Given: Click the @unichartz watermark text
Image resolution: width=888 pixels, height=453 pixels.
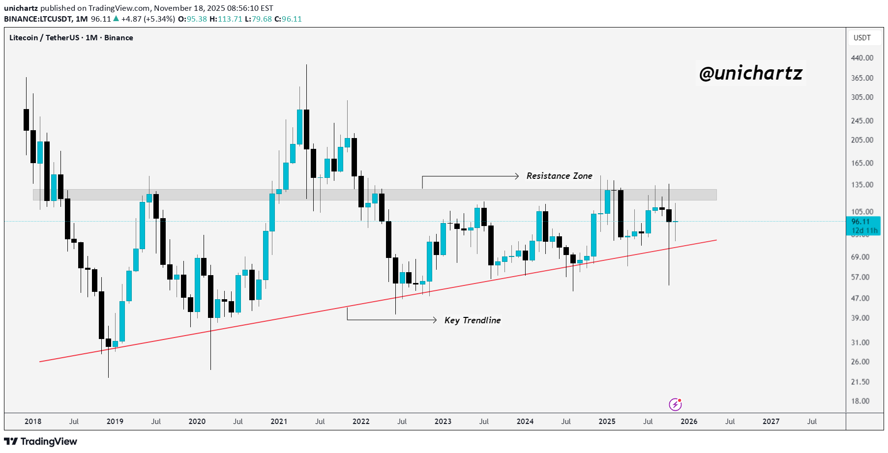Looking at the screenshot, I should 750,73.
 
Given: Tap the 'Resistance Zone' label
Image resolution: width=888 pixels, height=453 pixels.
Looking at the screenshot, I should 559,176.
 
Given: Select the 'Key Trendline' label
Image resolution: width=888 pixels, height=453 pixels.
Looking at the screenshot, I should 472,320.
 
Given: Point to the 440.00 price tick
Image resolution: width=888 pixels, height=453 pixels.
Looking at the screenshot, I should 862,58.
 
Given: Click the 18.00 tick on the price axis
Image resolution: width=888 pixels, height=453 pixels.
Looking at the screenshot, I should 860,401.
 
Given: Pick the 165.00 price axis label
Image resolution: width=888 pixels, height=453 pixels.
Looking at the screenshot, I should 862,163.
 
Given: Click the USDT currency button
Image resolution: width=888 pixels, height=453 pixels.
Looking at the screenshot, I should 862,38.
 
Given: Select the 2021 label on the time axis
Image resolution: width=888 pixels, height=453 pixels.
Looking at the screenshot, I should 279,422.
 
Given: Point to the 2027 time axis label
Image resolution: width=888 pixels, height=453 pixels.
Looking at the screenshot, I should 770,422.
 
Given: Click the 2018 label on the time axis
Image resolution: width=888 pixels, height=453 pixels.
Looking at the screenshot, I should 33,422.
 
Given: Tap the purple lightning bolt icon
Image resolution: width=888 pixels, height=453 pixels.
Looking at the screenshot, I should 675,404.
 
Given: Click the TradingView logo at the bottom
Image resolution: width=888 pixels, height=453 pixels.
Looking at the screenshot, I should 40,441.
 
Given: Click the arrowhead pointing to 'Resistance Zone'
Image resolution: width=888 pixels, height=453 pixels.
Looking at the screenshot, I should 516,176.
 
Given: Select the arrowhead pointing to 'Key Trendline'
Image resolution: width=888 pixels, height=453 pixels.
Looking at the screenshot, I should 434,320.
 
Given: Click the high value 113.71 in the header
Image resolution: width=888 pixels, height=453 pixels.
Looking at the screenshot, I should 230,19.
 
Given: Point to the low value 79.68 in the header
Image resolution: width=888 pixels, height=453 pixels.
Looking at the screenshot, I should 262,19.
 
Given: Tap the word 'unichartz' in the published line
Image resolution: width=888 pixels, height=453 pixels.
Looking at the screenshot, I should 21,8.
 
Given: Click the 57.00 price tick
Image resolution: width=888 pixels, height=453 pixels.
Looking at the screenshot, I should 860,277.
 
